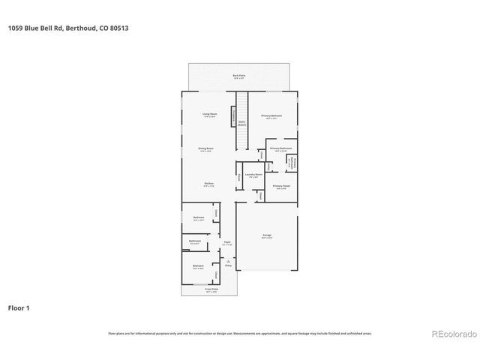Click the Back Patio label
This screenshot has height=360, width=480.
pos(238,76)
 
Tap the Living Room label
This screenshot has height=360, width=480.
pos(209,115)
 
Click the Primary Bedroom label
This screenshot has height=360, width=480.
pos(271,115)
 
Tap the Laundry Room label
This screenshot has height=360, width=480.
pos(253,175)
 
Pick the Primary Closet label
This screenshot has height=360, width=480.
pos(281,186)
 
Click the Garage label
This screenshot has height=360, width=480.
pos(267,235)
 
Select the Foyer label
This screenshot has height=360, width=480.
pos(227,243)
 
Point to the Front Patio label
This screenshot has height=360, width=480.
pos(211,289)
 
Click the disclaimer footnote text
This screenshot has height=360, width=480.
pos(239,333)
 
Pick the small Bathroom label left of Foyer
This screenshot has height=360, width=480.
pos(195,241)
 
